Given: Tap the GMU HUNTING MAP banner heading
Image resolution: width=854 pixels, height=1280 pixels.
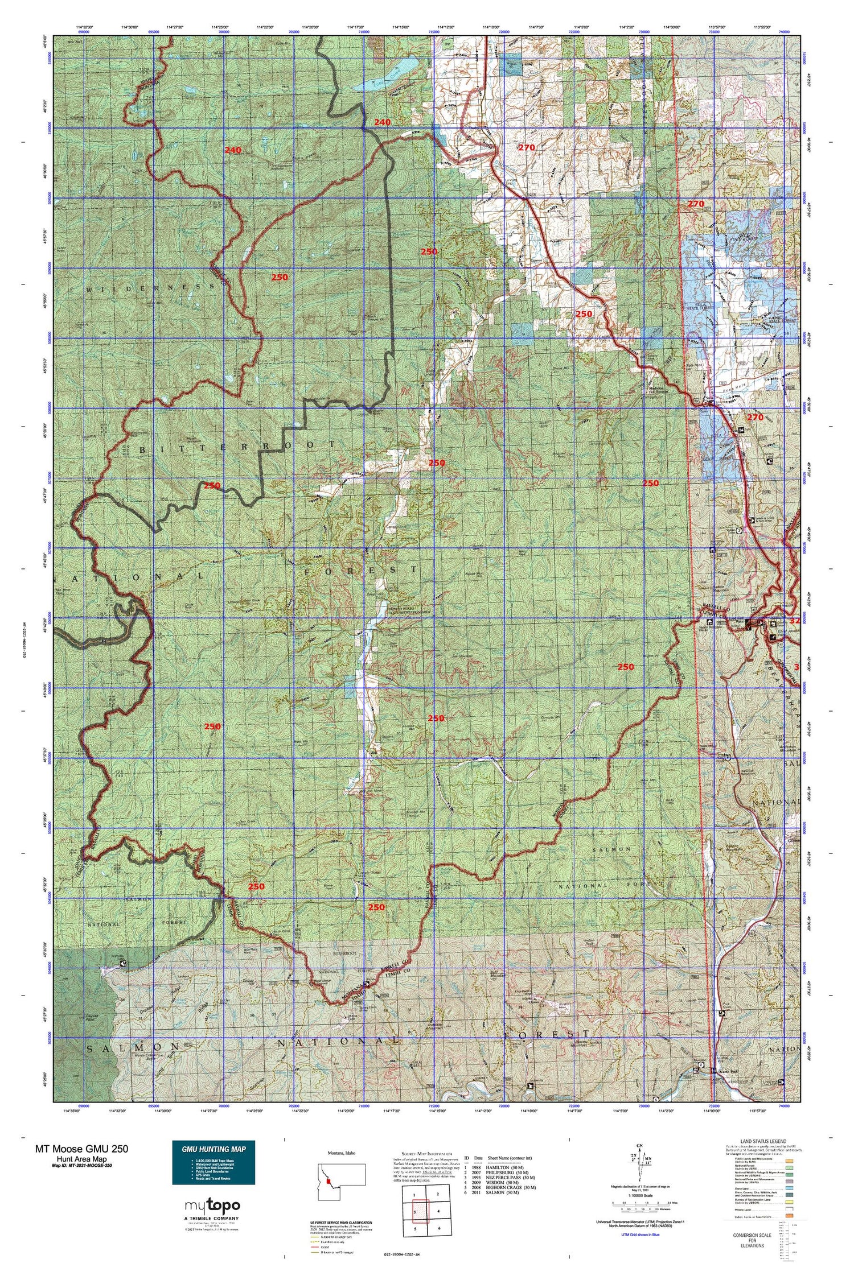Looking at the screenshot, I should [213, 1149].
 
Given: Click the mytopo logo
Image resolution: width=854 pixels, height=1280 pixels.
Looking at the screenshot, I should [212, 1205].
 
